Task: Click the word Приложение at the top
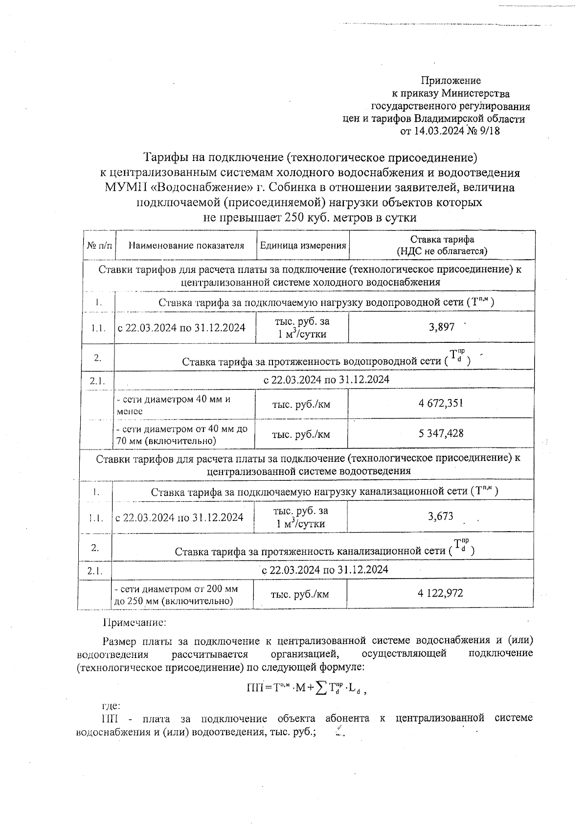(x=451, y=81)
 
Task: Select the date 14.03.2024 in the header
(x=439, y=131)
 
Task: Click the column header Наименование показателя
(x=186, y=246)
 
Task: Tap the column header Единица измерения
(x=303, y=246)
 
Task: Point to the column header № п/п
(x=99, y=246)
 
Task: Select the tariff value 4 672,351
(x=441, y=404)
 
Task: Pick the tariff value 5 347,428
(x=441, y=433)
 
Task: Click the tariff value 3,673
(x=440, y=516)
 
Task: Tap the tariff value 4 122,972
(x=440, y=593)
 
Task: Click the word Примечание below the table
(x=135, y=623)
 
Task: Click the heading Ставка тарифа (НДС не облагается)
(x=441, y=246)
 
